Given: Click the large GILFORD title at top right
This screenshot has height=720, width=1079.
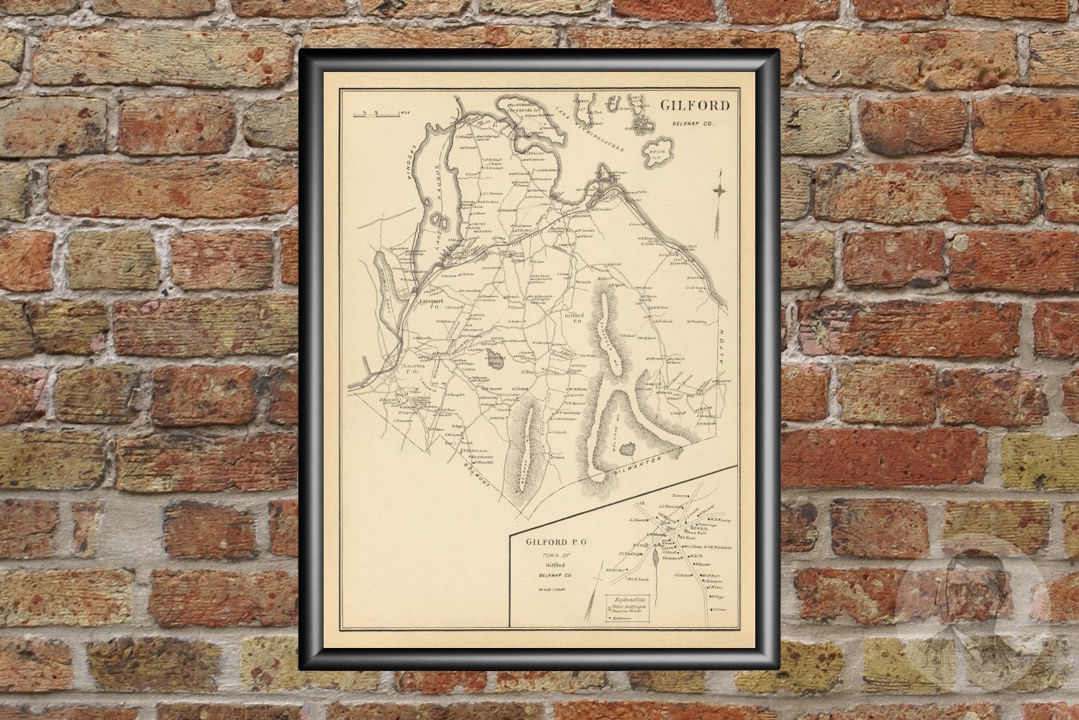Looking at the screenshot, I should coord(695,106).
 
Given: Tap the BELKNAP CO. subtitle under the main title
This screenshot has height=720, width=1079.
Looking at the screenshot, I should coord(693,124).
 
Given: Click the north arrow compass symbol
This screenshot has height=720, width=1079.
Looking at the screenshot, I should coord(719,191).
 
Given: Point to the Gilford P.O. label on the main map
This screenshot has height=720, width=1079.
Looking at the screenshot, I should coord(573,319).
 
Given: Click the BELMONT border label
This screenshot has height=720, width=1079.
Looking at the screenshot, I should coord(474,475).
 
